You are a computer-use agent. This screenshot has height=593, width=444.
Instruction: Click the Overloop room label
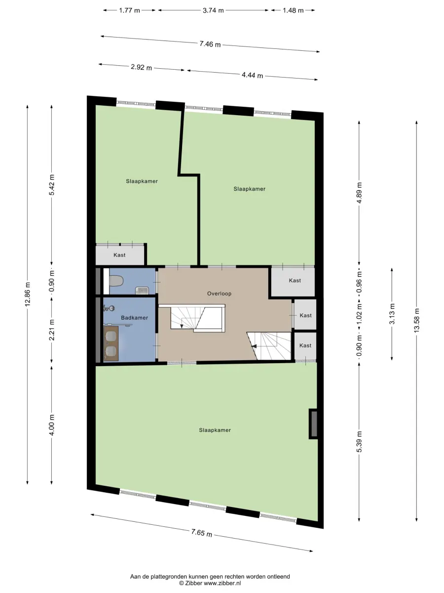pyautogui.click(x=219, y=294)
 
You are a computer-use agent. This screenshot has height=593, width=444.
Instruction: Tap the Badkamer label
pyautogui.click(x=134, y=318)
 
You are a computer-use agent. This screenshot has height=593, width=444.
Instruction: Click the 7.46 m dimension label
pyautogui.click(x=210, y=44)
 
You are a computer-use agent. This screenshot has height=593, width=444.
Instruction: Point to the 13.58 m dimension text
pyautogui.click(x=416, y=320)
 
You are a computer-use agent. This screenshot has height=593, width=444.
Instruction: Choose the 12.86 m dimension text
pyautogui.click(x=28, y=294)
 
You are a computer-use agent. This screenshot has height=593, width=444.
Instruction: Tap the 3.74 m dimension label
pyautogui.click(x=213, y=10)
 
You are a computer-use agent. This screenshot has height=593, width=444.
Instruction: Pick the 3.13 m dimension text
pyautogui.click(x=392, y=314)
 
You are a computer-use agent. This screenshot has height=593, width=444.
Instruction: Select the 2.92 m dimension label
pyautogui.click(x=141, y=67)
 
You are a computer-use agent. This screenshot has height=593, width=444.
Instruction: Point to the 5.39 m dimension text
pyautogui.click(x=359, y=442)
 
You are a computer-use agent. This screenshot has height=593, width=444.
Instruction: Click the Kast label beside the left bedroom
pyautogui.click(x=119, y=255)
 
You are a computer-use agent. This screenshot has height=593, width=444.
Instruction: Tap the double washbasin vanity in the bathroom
pyautogui.click(x=111, y=343)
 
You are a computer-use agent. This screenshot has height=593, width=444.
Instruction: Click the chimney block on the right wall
pyautogui.click(x=313, y=424)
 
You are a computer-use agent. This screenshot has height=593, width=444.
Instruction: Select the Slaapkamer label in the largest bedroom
pyautogui.click(x=215, y=430)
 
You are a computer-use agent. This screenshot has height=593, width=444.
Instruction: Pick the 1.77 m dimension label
pyautogui.click(x=129, y=10)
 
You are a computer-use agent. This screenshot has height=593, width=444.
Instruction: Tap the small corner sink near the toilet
pyautogui.click(x=142, y=291)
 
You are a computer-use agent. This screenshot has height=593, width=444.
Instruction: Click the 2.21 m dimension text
pyautogui.click(x=52, y=330)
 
